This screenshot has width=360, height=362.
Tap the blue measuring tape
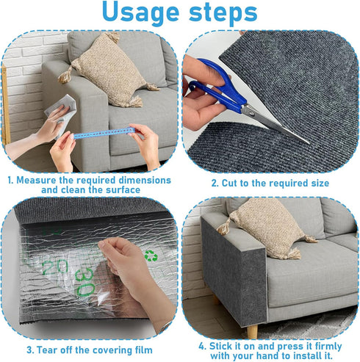point(102,134)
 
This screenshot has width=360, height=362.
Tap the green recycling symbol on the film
point(151,256)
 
